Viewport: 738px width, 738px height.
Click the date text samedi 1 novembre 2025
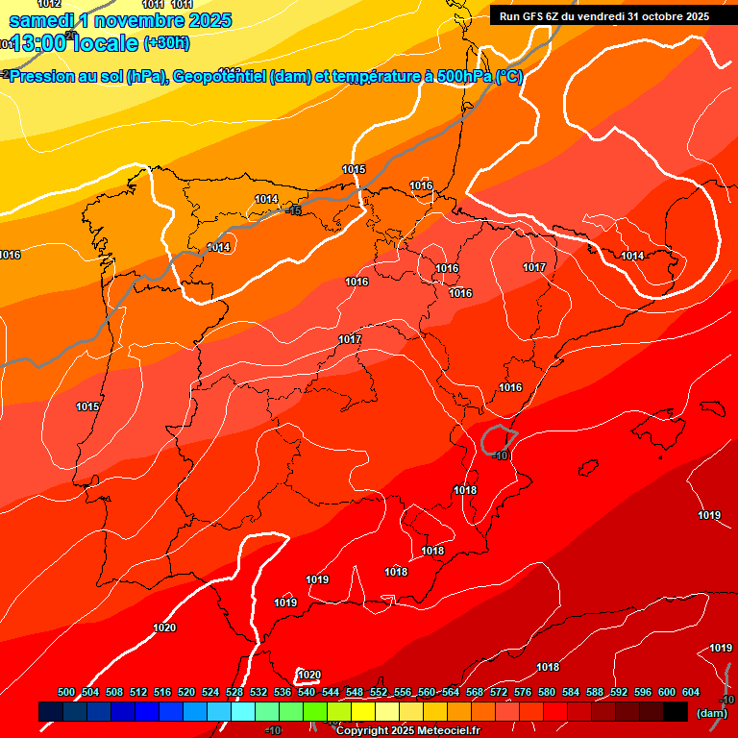120,20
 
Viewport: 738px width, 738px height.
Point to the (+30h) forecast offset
165,42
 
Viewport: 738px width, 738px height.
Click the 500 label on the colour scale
66,693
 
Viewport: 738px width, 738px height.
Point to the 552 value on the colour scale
379,693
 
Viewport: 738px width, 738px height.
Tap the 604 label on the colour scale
691,693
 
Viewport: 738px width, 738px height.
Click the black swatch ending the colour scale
676,711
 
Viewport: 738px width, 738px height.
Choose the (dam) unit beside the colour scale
710,712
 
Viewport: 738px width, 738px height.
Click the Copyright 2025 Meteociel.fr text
407,731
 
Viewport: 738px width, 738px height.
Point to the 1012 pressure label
48,4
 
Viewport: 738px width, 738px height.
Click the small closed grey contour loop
498,438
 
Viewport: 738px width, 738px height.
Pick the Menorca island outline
716,407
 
